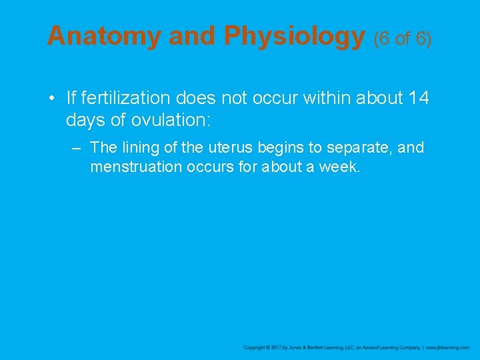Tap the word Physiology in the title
[294, 36]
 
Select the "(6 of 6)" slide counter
[403, 39]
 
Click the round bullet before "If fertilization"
[51, 99]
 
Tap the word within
[329, 99]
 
